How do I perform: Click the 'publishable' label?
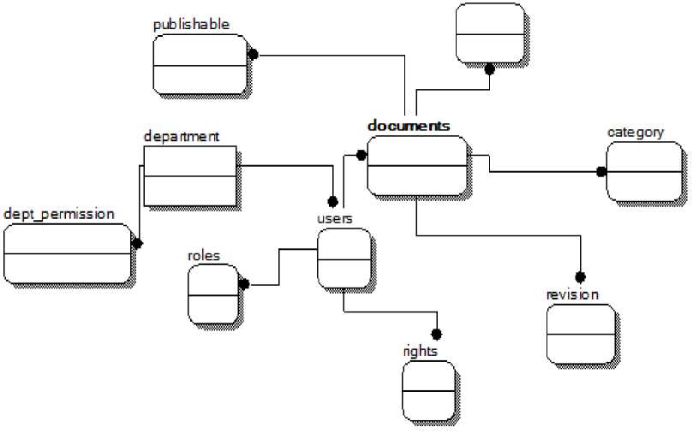coord(191,25)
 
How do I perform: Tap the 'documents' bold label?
coord(409,126)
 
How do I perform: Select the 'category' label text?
coord(636,132)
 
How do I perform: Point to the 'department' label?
coord(182,136)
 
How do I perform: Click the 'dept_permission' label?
coord(58,214)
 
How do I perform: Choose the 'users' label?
coord(334,218)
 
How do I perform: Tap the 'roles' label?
coord(203,255)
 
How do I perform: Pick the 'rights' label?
coord(420,351)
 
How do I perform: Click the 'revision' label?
coord(572,295)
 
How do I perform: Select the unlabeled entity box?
coord(490,33)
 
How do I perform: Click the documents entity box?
coord(417,165)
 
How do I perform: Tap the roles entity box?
coord(212,294)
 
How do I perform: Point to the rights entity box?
coord(428,390)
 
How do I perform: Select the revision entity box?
coord(580,334)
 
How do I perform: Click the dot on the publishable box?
coord(253,54)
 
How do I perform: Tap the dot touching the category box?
coord(601,171)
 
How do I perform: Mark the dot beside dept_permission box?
coord(136,243)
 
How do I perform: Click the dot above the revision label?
coord(580,276)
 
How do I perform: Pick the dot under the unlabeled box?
coord(489,70)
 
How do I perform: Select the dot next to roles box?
coord(244,284)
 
